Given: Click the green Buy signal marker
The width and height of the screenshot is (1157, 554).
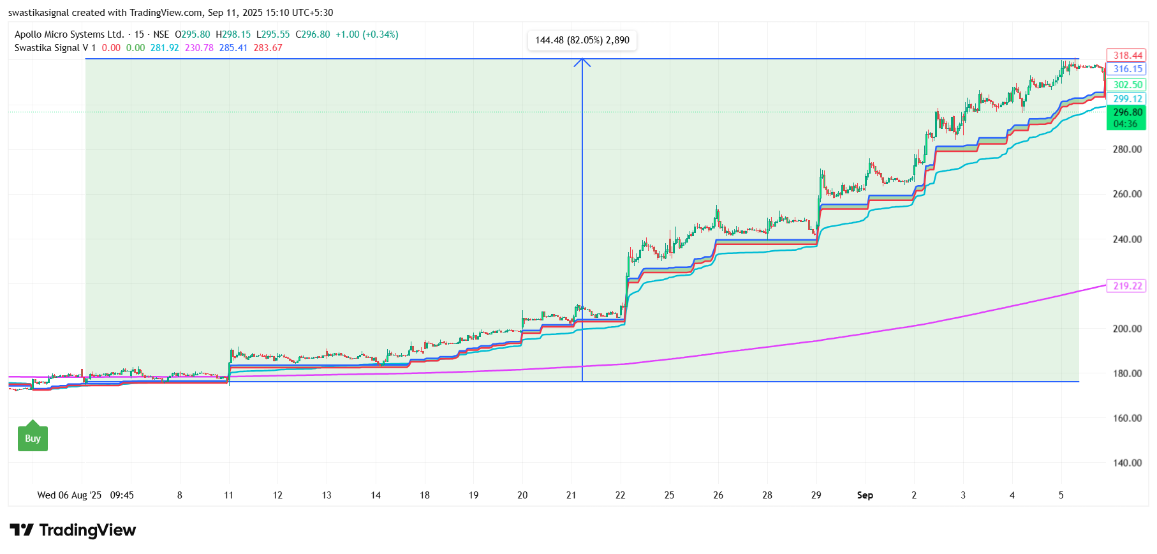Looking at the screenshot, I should pos(33,438).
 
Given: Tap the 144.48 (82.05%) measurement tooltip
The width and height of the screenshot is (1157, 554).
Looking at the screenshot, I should pos(582,40).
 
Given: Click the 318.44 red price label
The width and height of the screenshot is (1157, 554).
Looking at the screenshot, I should pos(1127,56).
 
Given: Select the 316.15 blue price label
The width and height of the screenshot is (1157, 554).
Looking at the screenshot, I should pos(1127,69).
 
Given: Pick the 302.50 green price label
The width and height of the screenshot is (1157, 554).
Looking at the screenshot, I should pos(1127,85).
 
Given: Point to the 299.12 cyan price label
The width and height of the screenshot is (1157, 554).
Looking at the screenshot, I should pos(1127,99).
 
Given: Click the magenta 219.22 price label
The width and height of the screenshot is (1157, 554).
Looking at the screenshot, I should pos(1127,286).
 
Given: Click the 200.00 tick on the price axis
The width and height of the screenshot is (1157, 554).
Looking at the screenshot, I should pos(1127,329).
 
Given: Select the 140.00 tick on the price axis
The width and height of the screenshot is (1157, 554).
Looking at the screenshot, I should pos(1127,463).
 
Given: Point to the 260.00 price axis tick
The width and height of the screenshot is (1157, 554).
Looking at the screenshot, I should pos(1127,194).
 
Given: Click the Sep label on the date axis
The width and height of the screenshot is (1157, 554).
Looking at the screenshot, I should pos(865,495).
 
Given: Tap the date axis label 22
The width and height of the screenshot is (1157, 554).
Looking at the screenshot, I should pos(620,495).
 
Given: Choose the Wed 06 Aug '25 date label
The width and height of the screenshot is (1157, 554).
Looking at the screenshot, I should pos(69,495).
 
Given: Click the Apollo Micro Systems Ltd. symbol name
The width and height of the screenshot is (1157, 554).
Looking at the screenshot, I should pos(69,34).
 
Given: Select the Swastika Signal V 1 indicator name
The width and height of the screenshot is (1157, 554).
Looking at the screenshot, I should pos(55,48).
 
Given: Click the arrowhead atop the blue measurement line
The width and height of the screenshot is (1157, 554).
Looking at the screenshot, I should pos(582,62).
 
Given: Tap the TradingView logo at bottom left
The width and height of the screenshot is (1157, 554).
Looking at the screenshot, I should pos(73,530).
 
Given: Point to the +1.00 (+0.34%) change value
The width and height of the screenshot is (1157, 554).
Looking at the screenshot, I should pos(367,34).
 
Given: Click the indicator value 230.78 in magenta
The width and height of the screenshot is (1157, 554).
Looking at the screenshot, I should pos(199,48).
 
